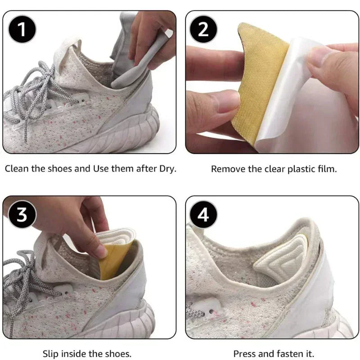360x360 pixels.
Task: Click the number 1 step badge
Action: pyautogui.click(x=20, y=30)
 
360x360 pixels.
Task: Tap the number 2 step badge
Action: pyautogui.click(x=203, y=30)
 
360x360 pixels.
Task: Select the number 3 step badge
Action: pyautogui.click(x=20, y=215)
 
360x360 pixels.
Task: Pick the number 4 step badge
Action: pyautogui.click(x=203, y=215)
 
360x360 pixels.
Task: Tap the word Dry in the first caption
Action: pyautogui.click(x=166, y=170)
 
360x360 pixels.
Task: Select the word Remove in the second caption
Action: pyautogui.click(x=225, y=169)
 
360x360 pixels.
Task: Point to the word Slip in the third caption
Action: pyautogui.click(x=50, y=354)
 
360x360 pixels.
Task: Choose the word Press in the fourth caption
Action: pyautogui.click(x=244, y=354)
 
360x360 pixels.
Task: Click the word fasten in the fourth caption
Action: pyautogui.click(x=286, y=354)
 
